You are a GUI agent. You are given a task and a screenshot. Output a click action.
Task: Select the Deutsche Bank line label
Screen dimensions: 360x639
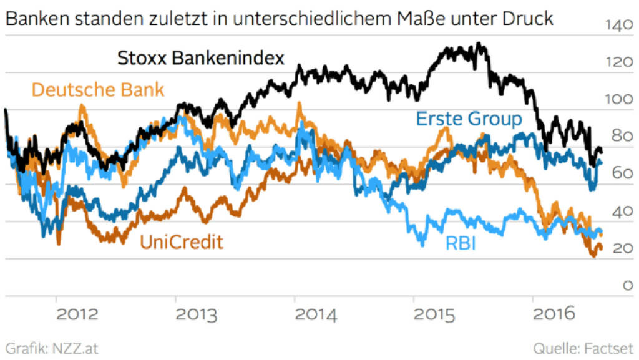click(98, 89)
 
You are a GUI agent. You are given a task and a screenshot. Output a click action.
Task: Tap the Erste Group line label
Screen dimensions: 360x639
click(469, 118)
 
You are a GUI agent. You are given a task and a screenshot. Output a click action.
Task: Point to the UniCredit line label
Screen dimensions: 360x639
click(181, 241)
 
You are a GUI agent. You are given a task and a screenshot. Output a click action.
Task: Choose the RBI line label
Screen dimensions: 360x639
click(461, 243)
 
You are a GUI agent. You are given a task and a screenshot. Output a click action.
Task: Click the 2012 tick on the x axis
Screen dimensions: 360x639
click(77, 314)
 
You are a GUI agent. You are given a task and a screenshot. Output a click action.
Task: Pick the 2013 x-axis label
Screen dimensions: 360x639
click(197, 314)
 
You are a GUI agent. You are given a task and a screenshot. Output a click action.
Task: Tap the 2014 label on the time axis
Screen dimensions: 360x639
click(316, 314)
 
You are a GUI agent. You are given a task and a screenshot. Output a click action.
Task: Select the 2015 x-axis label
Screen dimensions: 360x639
click(436, 314)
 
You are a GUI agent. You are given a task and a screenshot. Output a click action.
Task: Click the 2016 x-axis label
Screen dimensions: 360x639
click(555, 314)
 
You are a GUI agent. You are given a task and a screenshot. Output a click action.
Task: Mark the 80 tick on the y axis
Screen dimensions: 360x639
click(618, 137)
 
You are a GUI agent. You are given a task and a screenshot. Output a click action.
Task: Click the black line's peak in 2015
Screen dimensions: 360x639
click(478, 44)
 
